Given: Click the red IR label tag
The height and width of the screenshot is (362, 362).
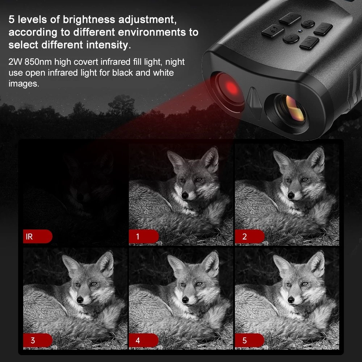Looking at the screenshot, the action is pyautogui.click(x=38, y=236).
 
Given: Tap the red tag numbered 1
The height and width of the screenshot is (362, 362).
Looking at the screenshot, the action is pyautogui.click(x=144, y=236).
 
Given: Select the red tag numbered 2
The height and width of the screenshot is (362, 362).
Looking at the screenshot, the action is pyautogui.click(x=249, y=236).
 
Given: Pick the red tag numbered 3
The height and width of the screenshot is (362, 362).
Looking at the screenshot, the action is pyautogui.click(x=38, y=340).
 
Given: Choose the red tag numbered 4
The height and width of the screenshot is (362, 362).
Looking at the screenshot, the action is pyautogui.click(x=144, y=340).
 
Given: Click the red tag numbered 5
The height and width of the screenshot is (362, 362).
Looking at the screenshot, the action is pyautogui.click(x=249, y=340).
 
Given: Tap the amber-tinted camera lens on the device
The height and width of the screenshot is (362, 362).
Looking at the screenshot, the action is pyautogui.click(x=292, y=109).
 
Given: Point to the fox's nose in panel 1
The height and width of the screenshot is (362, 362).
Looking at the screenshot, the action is pyautogui.click(x=185, y=196).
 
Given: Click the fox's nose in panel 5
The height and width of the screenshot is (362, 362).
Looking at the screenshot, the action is pyautogui.click(x=291, y=300).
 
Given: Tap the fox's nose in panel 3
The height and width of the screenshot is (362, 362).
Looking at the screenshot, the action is pyautogui.click(x=80, y=300).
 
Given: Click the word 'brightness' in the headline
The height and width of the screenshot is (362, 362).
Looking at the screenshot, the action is pyautogui.click(x=89, y=20).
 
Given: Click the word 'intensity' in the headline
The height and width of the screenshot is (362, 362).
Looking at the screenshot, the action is pyautogui.click(x=108, y=45).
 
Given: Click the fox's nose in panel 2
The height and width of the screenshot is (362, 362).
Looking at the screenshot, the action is pyautogui.click(x=291, y=196).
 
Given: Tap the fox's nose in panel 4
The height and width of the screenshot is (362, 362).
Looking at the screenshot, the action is pyautogui.click(x=185, y=300).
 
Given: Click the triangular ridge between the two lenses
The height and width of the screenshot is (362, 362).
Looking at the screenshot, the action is pyautogui.click(x=254, y=102).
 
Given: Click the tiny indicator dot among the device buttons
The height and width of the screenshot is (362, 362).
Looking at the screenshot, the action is pyautogui.click(x=300, y=31).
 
